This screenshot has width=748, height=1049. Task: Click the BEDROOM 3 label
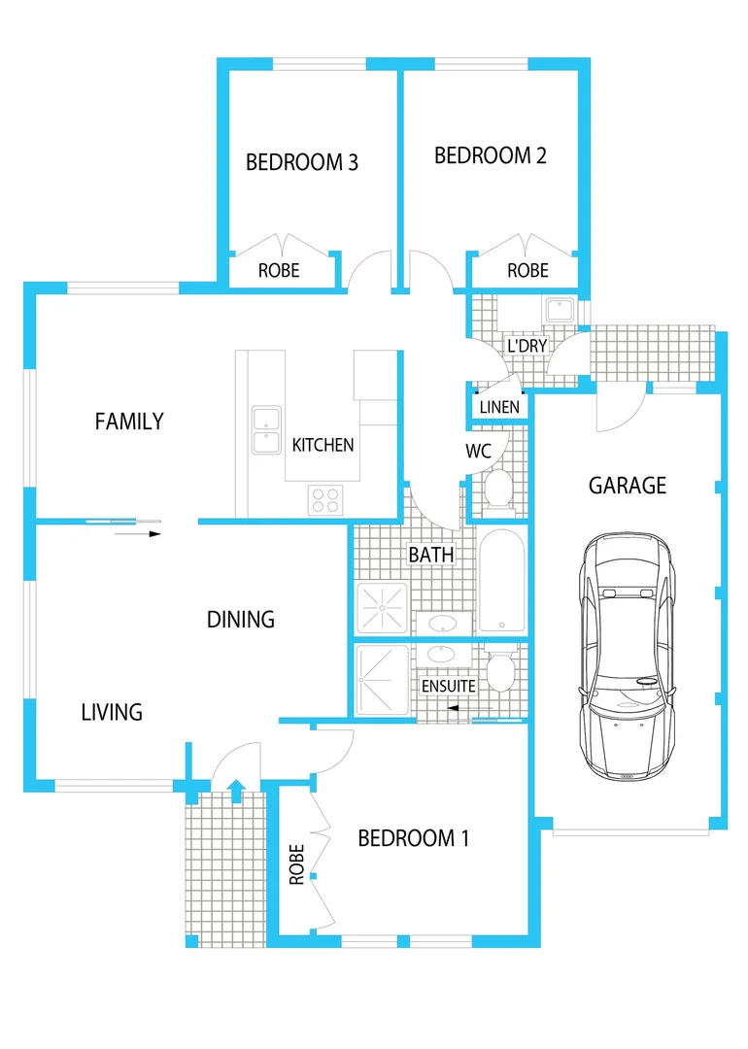[x=302, y=162]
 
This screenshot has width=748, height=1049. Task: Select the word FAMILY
[x=129, y=422]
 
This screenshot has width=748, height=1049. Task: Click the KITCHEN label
[x=323, y=445]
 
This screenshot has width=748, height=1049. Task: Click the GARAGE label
[x=628, y=485]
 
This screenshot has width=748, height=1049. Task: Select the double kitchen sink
[x=264, y=430]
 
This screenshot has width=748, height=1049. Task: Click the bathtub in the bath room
[x=501, y=581]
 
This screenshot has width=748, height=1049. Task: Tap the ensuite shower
[x=381, y=680]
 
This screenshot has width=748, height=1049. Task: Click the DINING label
[x=241, y=619]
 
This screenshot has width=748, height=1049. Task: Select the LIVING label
[x=112, y=712]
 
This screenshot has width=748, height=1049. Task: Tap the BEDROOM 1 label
[x=414, y=838]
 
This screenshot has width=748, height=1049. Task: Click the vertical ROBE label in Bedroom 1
[x=297, y=863]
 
